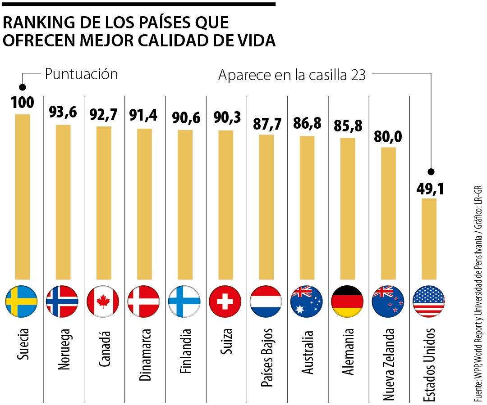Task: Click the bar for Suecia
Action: [x=23, y=197]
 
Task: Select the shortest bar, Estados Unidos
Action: [x=428, y=238]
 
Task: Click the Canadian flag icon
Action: [x=103, y=301]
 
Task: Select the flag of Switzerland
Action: [x=225, y=301]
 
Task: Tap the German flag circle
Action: [x=347, y=301]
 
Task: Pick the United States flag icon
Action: [x=428, y=301]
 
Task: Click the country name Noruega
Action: [x=64, y=349]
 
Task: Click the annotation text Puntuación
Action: [x=81, y=74]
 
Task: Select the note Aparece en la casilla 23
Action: [x=292, y=75]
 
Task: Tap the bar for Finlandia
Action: [x=185, y=205]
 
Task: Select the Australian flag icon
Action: [x=307, y=301]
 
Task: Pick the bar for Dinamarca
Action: [x=144, y=204]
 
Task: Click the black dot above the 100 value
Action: [x=23, y=87]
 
